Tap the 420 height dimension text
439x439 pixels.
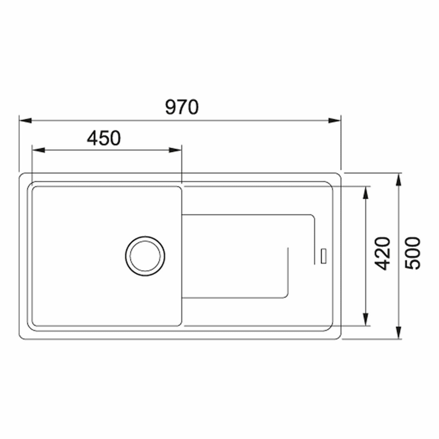(x=382, y=254)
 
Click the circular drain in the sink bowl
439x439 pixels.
(x=145, y=256)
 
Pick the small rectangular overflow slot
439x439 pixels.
(x=324, y=256)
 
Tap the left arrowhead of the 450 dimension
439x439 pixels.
(x=38, y=150)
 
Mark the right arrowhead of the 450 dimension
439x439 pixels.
(x=175, y=150)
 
